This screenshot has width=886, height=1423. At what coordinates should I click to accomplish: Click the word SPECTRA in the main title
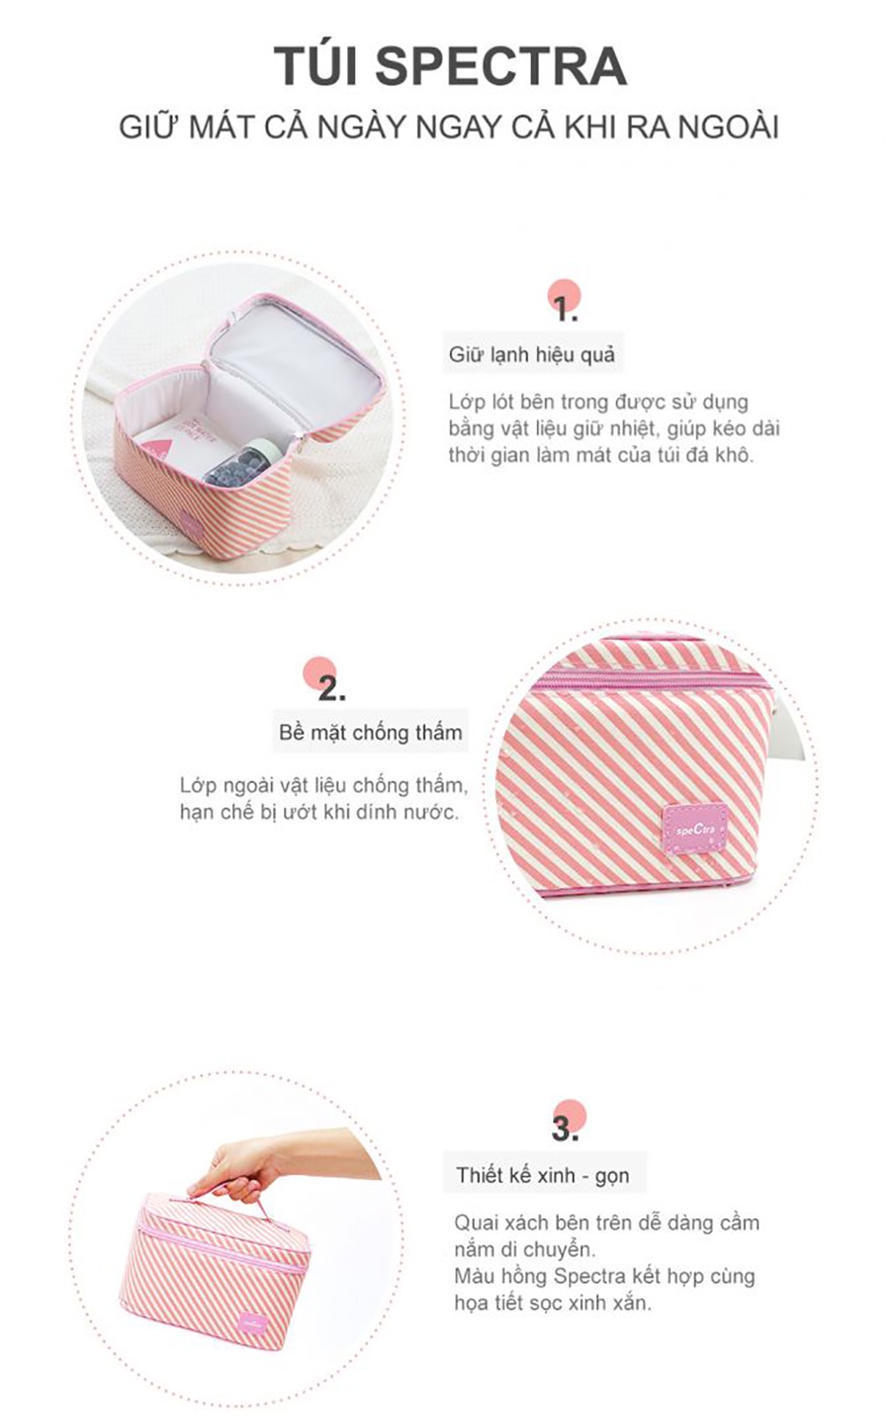501,66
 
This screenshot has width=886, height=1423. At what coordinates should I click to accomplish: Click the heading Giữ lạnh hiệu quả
532,354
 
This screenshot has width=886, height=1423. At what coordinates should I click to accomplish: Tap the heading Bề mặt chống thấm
370,732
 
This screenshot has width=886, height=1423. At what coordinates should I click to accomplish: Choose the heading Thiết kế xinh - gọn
542,1176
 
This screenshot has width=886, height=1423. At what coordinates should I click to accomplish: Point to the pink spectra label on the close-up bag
691,829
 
